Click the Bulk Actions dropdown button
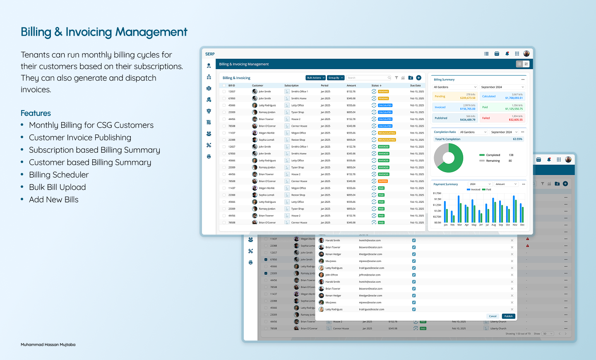coord(315,78)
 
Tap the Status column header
coord(376,86)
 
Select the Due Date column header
coord(415,86)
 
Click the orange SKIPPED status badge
coord(383,181)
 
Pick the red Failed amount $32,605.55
coord(515,120)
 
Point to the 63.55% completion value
coord(517,139)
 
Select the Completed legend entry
coord(493,155)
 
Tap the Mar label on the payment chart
coord(459,225)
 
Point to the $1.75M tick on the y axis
coord(437,193)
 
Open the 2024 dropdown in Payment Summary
coord(480,184)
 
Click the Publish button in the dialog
coord(508,316)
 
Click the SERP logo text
coord(210,54)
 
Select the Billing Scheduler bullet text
coord(59,175)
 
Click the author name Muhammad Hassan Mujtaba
coord(48,345)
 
